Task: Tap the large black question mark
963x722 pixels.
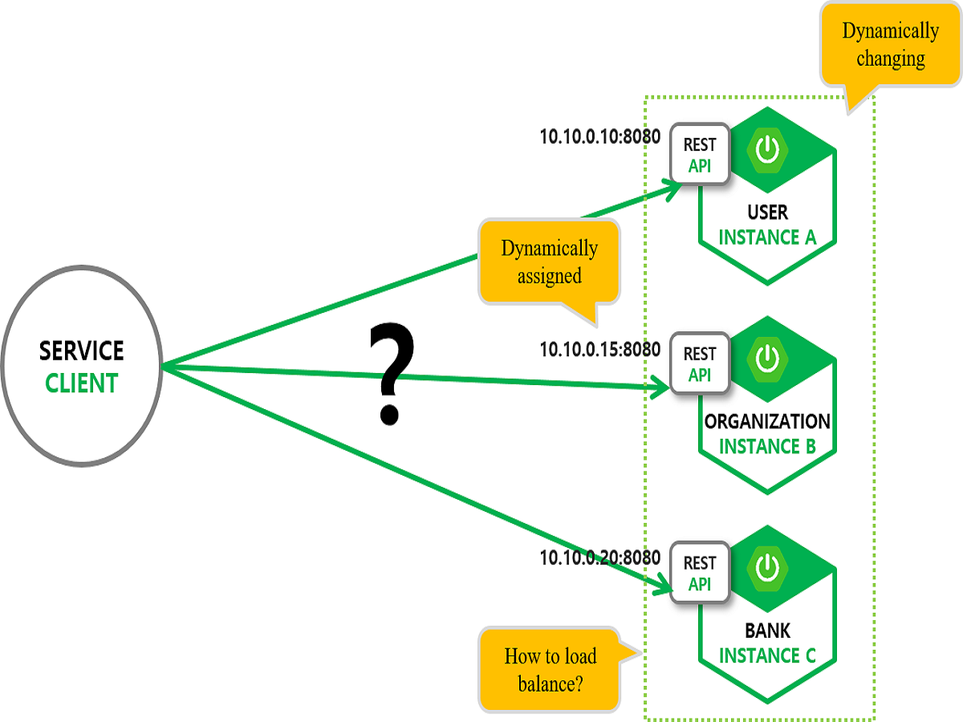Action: tap(391, 374)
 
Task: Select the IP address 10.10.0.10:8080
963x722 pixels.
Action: tap(599, 137)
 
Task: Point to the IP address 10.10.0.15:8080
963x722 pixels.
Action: tap(599, 349)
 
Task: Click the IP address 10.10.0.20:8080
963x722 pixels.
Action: tap(599, 558)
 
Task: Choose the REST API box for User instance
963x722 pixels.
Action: tap(700, 153)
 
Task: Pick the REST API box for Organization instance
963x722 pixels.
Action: tap(700, 363)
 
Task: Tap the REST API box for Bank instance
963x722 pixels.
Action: tap(700, 573)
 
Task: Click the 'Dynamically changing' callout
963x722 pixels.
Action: tap(890, 45)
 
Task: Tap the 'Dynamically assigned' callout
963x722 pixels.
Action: tap(549, 262)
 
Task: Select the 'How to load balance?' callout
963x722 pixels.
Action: tap(550, 670)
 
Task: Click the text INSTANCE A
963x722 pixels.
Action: tap(767, 237)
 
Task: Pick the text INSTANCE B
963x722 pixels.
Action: tap(767, 447)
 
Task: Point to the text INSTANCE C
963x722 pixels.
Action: tap(767, 655)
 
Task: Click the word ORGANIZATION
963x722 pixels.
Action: tap(767, 421)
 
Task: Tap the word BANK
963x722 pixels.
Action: tap(767, 631)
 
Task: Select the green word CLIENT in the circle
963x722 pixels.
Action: tap(81, 383)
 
